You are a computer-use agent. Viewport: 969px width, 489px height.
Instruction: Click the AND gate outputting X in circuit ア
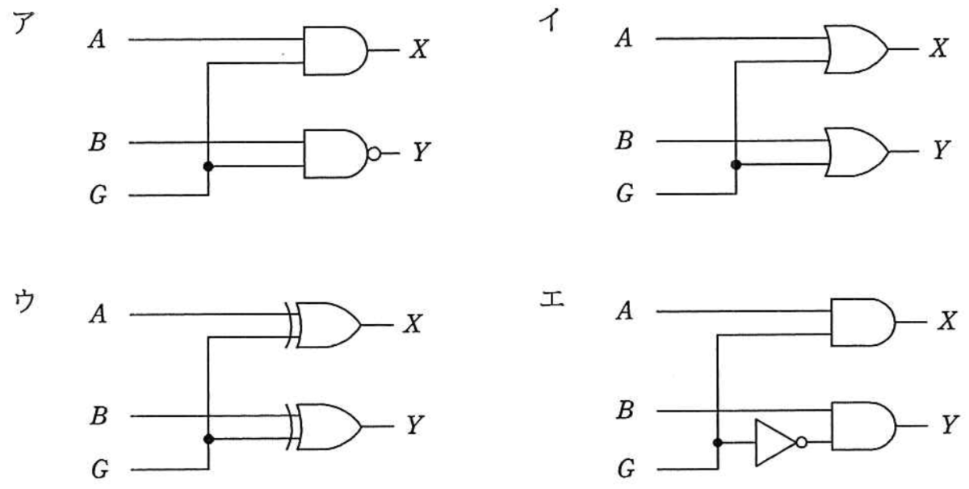click(335, 51)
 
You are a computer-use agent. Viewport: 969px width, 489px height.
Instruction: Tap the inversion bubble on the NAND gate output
click(374, 154)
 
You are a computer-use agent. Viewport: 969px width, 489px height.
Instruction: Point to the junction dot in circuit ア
click(208, 167)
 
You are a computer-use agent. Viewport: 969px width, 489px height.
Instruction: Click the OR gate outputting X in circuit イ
click(856, 49)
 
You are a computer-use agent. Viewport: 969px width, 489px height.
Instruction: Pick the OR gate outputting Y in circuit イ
click(857, 152)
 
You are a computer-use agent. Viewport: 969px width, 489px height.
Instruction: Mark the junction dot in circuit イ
click(736, 165)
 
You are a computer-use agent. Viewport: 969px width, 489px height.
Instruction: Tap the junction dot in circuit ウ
click(208, 439)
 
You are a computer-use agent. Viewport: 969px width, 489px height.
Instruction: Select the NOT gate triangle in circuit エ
click(776, 443)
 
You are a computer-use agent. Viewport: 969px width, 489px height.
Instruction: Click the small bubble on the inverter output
click(802, 442)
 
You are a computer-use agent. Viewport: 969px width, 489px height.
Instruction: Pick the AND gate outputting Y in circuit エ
click(864, 426)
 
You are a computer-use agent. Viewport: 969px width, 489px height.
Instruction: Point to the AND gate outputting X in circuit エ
click(863, 322)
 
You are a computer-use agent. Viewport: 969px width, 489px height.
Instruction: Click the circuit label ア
click(23, 23)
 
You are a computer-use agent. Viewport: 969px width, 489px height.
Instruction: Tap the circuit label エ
click(552, 299)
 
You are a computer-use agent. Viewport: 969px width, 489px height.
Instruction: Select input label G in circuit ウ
click(100, 469)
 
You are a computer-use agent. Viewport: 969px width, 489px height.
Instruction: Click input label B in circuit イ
click(625, 141)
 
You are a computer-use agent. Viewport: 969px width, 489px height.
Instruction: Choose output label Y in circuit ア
click(421, 152)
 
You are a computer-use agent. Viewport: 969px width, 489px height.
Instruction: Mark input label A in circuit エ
click(624, 310)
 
